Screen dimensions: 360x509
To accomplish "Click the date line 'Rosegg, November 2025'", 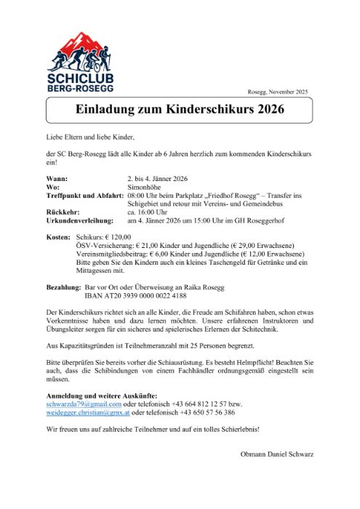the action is click(x=278, y=92).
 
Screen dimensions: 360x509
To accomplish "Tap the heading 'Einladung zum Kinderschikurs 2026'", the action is click(x=180, y=111).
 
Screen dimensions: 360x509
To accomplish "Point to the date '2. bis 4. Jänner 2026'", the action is click(x=158, y=179).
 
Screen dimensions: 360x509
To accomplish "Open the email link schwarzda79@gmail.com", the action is click(x=84, y=404).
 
